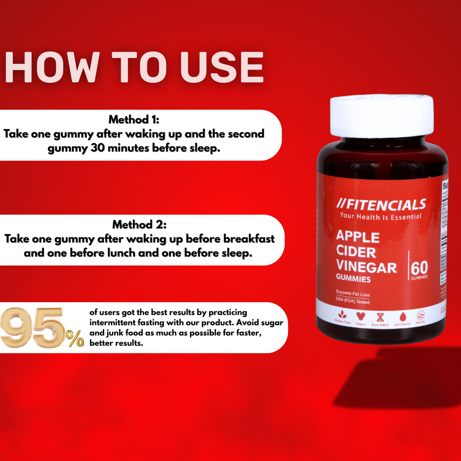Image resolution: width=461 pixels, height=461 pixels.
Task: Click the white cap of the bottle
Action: click(381, 116)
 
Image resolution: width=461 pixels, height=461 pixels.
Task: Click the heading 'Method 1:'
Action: click(134, 119)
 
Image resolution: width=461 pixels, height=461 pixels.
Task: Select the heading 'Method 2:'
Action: click(139, 224)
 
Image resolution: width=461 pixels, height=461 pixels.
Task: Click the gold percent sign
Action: click(75, 339)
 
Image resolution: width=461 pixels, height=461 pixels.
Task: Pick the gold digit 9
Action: click(17, 328)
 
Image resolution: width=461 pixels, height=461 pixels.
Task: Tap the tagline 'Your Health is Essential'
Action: click(380, 216)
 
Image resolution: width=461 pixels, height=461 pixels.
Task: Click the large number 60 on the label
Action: click(419, 269)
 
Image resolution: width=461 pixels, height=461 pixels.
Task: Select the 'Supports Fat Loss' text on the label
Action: click(353, 295)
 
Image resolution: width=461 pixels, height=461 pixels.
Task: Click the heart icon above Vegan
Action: click(361, 316)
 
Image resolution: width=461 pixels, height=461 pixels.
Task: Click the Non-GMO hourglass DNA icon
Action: click(380, 317)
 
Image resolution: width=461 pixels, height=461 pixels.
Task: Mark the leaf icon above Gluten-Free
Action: click(342, 316)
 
